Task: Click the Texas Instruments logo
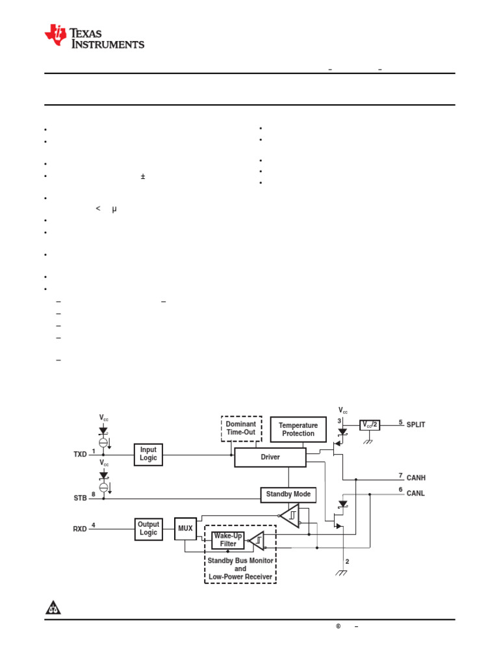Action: (x=94, y=37)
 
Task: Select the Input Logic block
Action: (x=148, y=453)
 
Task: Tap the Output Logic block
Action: (x=148, y=528)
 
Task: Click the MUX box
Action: (x=185, y=528)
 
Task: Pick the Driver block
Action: (x=270, y=457)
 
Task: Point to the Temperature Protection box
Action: (x=298, y=429)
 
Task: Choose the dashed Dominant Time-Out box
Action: (x=241, y=428)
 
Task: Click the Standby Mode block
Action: (x=288, y=494)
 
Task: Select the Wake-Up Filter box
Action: (x=228, y=539)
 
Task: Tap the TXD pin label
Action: (x=80, y=455)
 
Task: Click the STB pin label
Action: (x=80, y=498)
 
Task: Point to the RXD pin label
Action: (x=80, y=529)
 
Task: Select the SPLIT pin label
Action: (x=416, y=424)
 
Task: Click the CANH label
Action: (x=416, y=477)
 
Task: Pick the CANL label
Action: (x=416, y=493)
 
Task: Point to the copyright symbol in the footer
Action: (x=339, y=626)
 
